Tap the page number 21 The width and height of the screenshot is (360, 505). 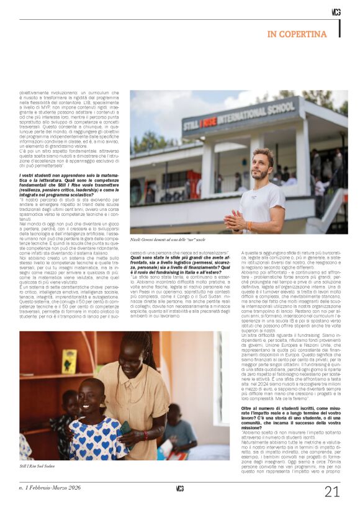[x=332, y=492]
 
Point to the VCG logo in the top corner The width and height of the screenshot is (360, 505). [x=336, y=12]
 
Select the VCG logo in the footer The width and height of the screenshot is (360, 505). [x=179, y=488]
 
